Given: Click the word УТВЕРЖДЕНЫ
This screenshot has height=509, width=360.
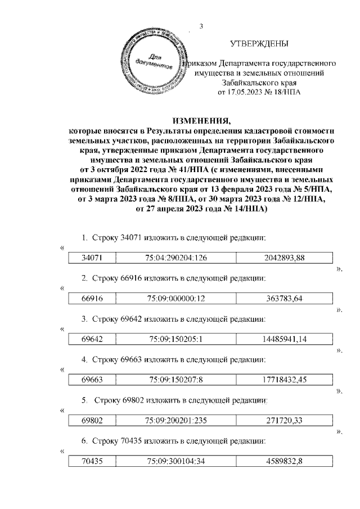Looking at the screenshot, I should coord(260,44).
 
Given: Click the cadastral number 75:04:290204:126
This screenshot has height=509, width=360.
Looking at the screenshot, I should coord(174,258).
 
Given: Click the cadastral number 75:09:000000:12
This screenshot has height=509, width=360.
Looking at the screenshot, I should coord(174,299).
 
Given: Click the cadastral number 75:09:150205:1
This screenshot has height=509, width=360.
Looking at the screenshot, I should coord(174,340).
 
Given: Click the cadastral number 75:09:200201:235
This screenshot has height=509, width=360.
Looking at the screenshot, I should coord(174,421).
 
